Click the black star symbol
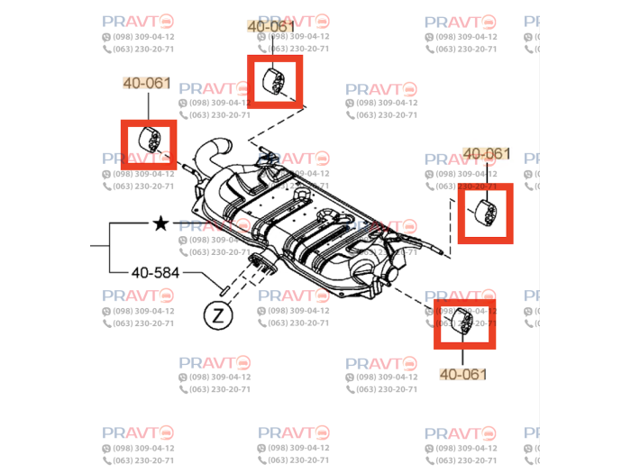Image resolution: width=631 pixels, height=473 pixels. coord(160,223)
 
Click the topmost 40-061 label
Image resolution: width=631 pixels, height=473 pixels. coord(271,27)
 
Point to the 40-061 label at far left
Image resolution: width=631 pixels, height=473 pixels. coord(146,83)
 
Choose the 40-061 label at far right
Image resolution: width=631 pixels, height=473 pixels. coord(486,154)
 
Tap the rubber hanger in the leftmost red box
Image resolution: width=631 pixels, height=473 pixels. coord(149,141)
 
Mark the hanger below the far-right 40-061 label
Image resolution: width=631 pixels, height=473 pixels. coord(486,214)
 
